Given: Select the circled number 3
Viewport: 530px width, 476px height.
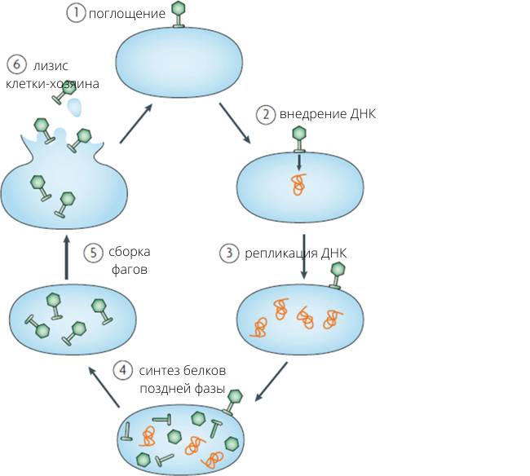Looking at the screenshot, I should tap(229, 253).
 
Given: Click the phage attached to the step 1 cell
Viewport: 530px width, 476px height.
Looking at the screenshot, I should tap(179, 15).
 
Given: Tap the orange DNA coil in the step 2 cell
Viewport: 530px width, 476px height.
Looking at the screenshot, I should tap(298, 184).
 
